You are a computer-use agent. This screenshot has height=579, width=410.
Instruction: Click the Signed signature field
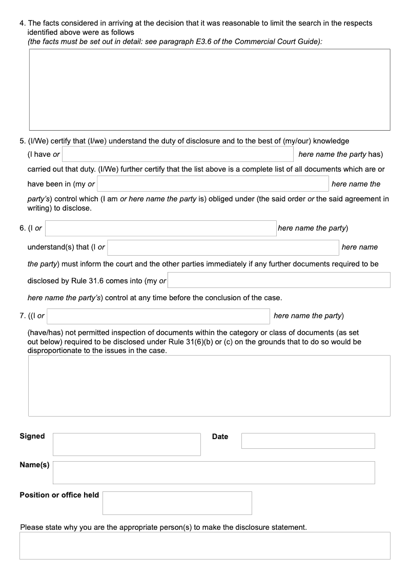click(x=127, y=444)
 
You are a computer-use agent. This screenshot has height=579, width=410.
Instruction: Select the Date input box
click(x=308, y=441)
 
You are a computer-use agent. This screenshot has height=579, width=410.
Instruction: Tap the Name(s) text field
click(x=214, y=472)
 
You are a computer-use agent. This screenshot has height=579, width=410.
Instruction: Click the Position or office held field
click(x=177, y=503)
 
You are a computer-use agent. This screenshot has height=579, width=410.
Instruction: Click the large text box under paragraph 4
click(x=209, y=90)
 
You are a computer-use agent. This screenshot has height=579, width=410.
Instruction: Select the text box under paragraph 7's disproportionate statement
click(x=209, y=385)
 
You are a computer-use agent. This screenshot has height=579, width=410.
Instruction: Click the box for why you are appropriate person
click(x=204, y=545)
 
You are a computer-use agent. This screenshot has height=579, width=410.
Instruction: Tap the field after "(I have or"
click(x=177, y=154)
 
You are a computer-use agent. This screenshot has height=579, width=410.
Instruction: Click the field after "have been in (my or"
click(x=213, y=183)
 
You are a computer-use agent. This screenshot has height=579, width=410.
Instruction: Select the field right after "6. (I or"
click(x=160, y=228)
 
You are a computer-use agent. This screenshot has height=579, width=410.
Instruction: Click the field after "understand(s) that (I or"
click(x=223, y=247)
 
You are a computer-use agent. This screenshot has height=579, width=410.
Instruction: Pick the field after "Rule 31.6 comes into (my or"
click(x=279, y=280)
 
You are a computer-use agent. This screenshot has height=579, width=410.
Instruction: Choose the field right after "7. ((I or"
click(x=158, y=316)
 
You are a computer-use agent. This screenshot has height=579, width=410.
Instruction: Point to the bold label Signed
click(x=32, y=436)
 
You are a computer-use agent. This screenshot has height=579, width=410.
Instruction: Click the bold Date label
click(x=220, y=437)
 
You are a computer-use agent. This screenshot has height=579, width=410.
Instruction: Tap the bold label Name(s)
click(x=34, y=465)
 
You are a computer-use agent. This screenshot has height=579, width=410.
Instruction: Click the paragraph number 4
click(x=22, y=23)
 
